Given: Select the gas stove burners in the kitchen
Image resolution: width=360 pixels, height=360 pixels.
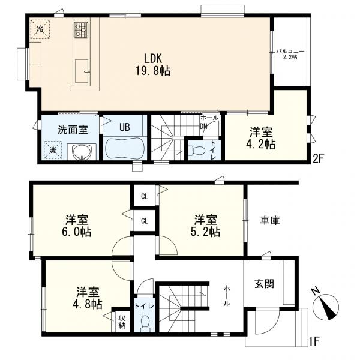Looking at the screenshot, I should pos(81,29).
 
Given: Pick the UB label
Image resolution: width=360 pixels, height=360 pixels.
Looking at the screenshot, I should pos(124,127).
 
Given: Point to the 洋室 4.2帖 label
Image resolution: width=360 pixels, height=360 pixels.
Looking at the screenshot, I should pos(262,137).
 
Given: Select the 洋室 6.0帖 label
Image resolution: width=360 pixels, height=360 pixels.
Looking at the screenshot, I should pos(77,225).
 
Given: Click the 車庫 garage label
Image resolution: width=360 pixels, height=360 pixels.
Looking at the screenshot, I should pos(269,221).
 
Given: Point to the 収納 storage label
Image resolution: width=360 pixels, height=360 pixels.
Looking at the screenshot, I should pos(122,322).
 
